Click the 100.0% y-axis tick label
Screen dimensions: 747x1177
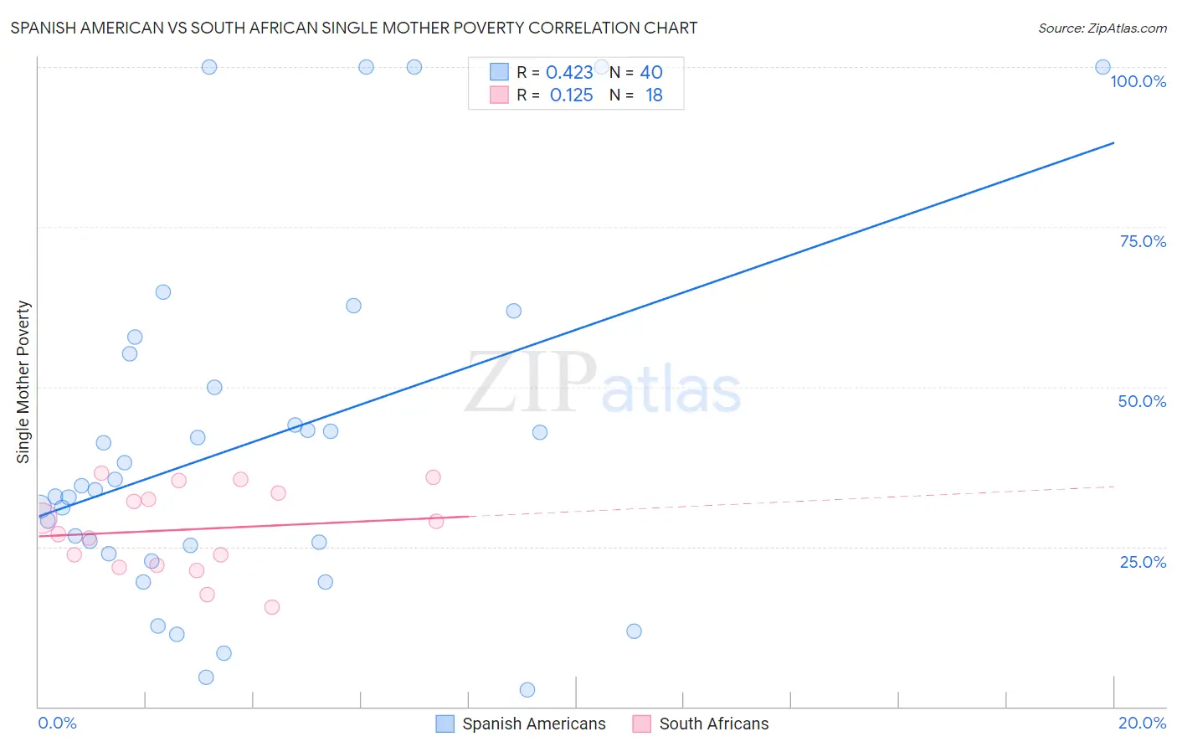click(x=1138, y=81)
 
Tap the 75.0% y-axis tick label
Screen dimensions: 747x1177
click(x=1143, y=241)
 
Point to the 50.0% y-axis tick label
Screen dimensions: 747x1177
click(x=1142, y=401)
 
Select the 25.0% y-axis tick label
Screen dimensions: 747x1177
click(x=1143, y=562)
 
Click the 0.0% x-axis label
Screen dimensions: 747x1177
click(x=57, y=723)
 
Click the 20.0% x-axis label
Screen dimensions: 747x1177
click(x=1142, y=723)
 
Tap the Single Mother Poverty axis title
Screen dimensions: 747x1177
click(x=23, y=382)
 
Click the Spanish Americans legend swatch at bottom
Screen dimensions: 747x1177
click(x=445, y=724)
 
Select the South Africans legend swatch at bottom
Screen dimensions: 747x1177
click(x=642, y=724)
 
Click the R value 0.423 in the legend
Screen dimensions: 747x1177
click(x=569, y=73)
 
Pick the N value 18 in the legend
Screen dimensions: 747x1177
click(x=654, y=95)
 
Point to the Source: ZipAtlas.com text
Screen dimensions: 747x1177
click(x=1102, y=28)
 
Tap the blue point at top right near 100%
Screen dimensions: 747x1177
click(x=1103, y=67)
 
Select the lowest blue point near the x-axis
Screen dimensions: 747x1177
click(x=527, y=690)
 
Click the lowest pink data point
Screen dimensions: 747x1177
click(x=272, y=607)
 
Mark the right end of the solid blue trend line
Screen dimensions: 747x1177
click(x=1114, y=143)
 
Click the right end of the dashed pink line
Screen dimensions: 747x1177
click(x=1114, y=487)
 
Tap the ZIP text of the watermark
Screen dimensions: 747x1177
click(x=531, y=384)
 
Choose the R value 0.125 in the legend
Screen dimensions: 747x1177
click(x=571, y=95)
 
